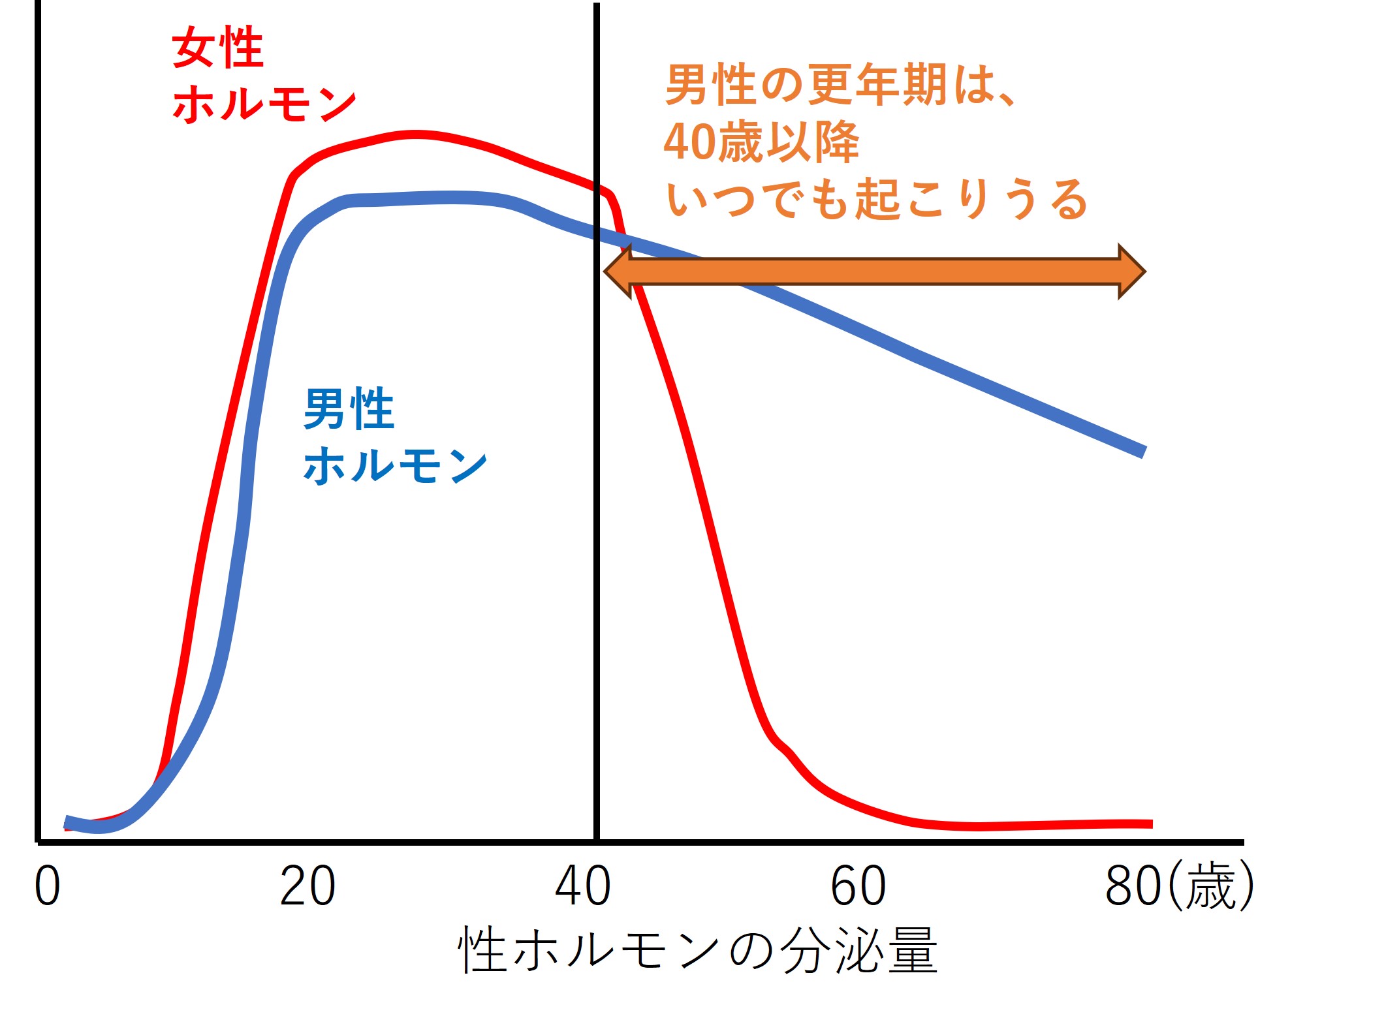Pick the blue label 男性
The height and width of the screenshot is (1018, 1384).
click(349, 409)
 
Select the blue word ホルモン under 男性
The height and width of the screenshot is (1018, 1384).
click(396, 466)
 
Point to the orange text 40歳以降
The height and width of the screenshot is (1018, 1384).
click(761, 142)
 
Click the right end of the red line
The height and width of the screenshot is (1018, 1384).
click(1152, 824)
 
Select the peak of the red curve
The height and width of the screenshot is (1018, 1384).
click(415, 134)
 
